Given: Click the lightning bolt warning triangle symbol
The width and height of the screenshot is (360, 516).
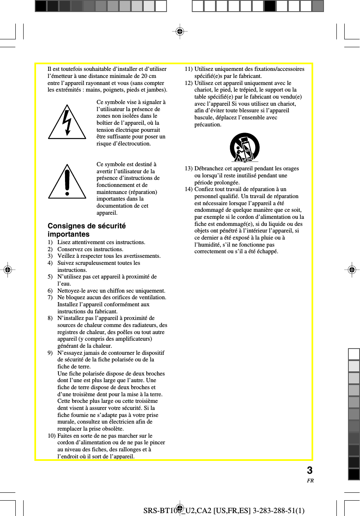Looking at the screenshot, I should tap(67, 123).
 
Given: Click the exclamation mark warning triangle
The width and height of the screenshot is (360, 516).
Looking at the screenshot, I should tap(67, 183).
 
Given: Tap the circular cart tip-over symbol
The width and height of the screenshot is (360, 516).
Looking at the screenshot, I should tap(244, 148).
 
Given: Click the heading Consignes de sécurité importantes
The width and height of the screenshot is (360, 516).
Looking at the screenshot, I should tap(87, 230).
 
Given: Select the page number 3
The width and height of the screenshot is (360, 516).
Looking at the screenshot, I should tap(309, 471).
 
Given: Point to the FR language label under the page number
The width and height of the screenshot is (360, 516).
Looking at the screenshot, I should tap(310, 481).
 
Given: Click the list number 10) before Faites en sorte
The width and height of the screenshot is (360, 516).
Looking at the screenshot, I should tap(52, 436).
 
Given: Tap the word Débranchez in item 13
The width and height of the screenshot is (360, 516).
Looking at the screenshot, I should tap(209, 169).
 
